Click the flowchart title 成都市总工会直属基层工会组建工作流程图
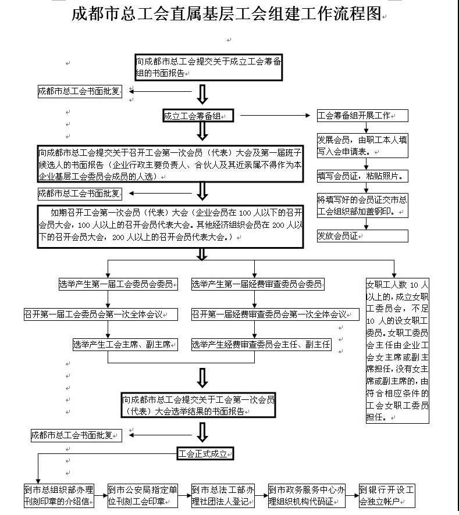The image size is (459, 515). (226, 14)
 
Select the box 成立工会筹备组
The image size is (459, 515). (198, 116)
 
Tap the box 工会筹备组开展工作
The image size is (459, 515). (362, 116)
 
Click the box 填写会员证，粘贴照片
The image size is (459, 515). (362, 176)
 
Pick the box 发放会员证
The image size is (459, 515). (362, 236)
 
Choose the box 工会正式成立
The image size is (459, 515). (205, 453)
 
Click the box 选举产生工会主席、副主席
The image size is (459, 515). (125, 345)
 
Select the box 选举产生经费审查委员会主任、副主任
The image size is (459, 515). (261, 345)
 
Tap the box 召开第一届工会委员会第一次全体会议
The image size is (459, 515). (101, 314)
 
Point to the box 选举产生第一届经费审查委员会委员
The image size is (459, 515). (258, 284)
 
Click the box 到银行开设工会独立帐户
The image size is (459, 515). (387, 496)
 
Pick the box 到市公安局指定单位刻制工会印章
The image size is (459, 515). (143, 496)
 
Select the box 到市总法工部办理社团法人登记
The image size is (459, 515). (223, 496)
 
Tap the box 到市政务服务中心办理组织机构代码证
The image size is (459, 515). (307, 496)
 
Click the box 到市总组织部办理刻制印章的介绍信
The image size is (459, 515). (59, 496)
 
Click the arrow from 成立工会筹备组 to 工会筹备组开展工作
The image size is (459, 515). (275, 115)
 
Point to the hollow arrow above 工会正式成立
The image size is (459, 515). (202, 432)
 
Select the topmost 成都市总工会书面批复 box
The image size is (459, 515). (80, 91)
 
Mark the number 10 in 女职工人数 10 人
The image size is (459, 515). (414, 285)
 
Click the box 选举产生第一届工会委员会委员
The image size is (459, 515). (118, 284)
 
